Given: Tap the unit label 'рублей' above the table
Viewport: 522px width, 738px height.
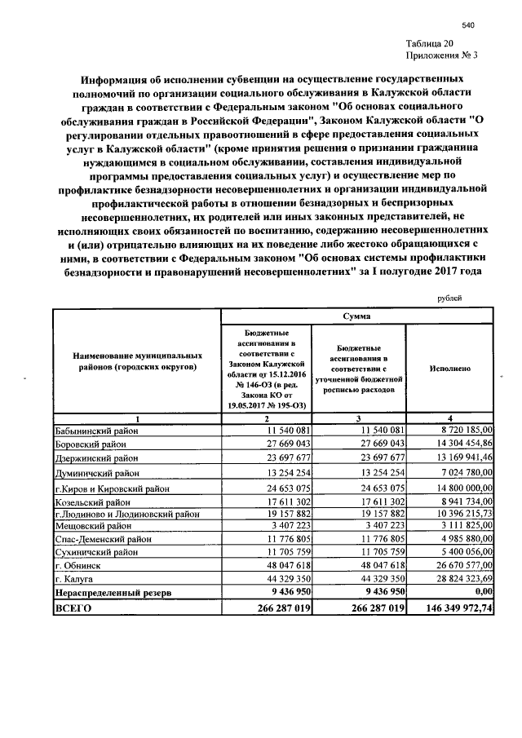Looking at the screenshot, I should click(449, 298).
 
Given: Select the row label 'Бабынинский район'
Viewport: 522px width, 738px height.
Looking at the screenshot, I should click(97, 429).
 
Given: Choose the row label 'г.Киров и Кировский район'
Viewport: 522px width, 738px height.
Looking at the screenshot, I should click(113, 488).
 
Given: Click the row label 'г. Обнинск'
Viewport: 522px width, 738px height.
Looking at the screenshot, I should click(78, 564).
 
